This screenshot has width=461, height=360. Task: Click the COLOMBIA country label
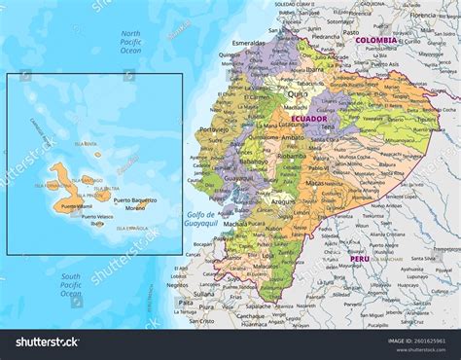point(376,41)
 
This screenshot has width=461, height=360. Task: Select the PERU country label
point(359,259)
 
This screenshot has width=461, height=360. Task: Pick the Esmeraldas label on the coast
point(249,44)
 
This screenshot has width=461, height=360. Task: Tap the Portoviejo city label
point(215,128)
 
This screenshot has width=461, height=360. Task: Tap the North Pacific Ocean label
point(131,42)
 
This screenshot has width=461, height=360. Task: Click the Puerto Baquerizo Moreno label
point(135,204)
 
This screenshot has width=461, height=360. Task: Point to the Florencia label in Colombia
point(422,16)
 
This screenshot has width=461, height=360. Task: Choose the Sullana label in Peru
point(203,293)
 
